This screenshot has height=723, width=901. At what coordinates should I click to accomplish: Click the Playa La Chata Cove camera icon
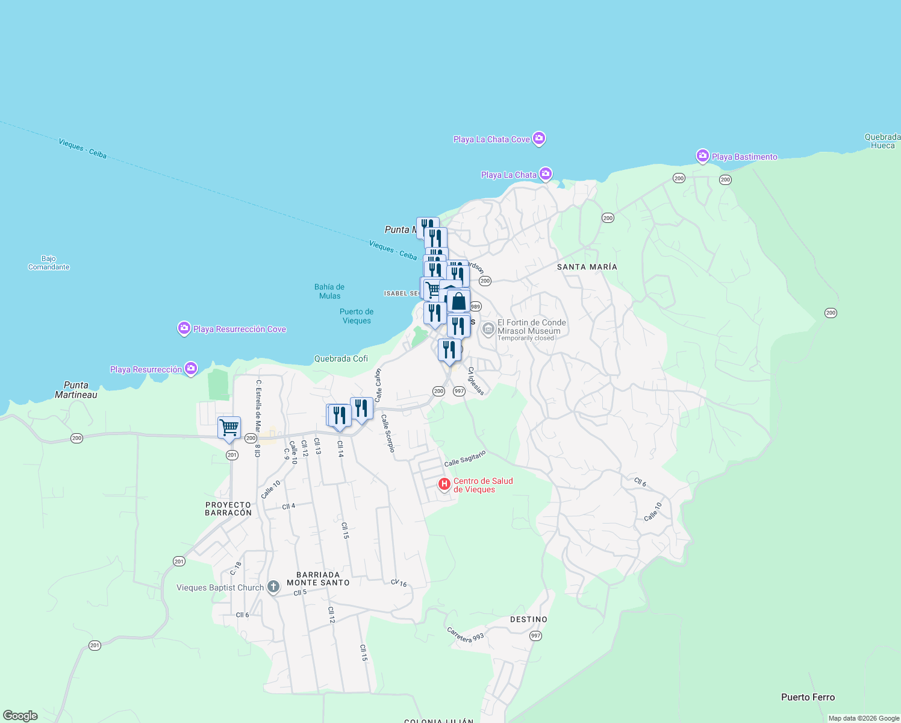(539, 139)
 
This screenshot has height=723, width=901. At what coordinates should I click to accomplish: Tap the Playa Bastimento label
(744, 157)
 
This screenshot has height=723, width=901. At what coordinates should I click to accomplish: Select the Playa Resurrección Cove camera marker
(184, 328)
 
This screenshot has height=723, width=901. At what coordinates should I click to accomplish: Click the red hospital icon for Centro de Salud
(444, 484)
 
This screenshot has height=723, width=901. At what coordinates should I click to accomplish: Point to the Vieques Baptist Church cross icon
(273, 587)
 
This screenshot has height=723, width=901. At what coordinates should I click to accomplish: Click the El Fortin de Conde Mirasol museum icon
(488, 328)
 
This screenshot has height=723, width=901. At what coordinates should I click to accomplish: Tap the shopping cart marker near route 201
(229, 428)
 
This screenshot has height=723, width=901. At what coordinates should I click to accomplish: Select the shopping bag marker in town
(458, 301)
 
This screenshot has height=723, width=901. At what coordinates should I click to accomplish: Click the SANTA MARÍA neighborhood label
(587, 267)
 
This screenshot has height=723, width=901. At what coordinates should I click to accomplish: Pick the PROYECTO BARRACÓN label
(228, 509)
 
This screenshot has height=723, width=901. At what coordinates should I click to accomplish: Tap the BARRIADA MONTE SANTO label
(318, 579)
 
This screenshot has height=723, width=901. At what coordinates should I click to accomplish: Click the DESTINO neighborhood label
(528, 619)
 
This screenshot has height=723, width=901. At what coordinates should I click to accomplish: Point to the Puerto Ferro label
(808, 697)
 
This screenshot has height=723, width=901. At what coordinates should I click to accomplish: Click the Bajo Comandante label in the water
(49, 263)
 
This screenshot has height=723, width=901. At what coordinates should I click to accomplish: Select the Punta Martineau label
(76, 390)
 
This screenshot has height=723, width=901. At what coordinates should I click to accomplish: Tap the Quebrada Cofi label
(341, 358)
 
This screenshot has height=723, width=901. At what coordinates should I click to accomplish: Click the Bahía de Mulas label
(329, 292)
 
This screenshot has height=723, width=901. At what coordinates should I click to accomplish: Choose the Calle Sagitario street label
(464, 459)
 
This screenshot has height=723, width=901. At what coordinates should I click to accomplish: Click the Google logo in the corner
(20, 716)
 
